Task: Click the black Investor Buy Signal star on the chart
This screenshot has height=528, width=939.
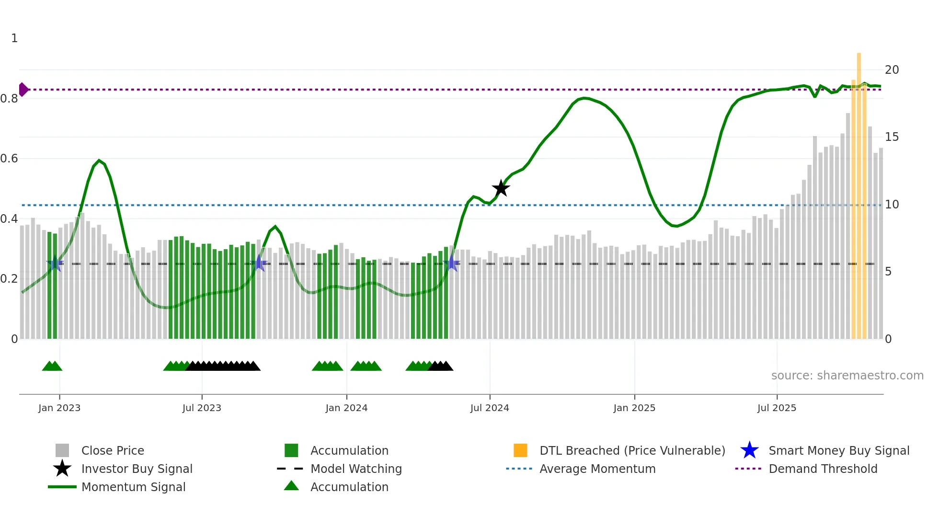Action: pyautogui.click(x=501, y=189)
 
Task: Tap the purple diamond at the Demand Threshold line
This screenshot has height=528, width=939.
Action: pyautogui.click(x=23, y=90)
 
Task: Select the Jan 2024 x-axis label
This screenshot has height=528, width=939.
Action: pyautogui.click(x=346, y=408)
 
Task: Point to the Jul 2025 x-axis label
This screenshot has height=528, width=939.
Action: pyautogui.click(x=777, y=408)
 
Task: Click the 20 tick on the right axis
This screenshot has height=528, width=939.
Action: pyautogui.click(x=892, y=70)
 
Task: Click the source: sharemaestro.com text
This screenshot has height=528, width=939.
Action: pyautogui.click(x=847, y=376)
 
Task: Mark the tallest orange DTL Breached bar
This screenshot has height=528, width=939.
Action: pyautogui.click(x=859, y=192)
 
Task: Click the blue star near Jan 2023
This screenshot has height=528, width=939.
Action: pyautogui.click(x=55, y=264)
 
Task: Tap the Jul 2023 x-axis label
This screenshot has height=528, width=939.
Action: pyautogui.click(x=202, y=408)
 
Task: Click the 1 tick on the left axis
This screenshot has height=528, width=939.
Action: pyautogui.click(x=14, y=38)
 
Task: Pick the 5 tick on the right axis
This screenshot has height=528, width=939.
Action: pyautogui.click(x=888, y=272)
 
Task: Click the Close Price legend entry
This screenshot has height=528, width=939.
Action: pyautogui.click(x=112, y=451)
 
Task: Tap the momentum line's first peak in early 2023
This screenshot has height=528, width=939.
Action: pyautogui.click(x=99, y=161)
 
